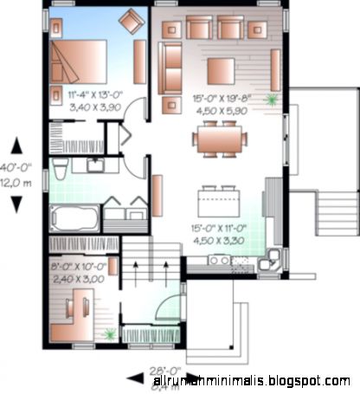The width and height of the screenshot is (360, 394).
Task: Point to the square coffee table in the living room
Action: [x=221, y=69]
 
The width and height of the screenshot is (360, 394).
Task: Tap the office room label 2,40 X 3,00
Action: [x=77, y=280]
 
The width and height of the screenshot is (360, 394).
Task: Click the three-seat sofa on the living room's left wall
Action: [x=170, y=68]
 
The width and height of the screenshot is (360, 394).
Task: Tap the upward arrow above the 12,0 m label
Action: [x=16, y=145]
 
